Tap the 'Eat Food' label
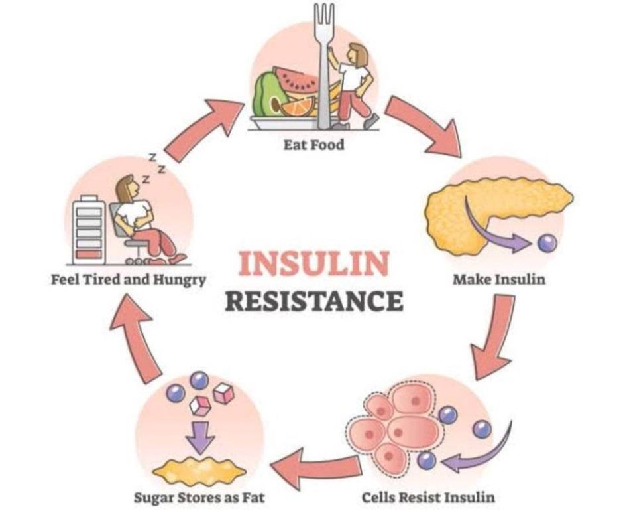(313, 144)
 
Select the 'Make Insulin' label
(499, 279)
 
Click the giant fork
(323, 66)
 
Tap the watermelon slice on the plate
(296, 82)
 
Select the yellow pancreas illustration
(490, 206)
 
